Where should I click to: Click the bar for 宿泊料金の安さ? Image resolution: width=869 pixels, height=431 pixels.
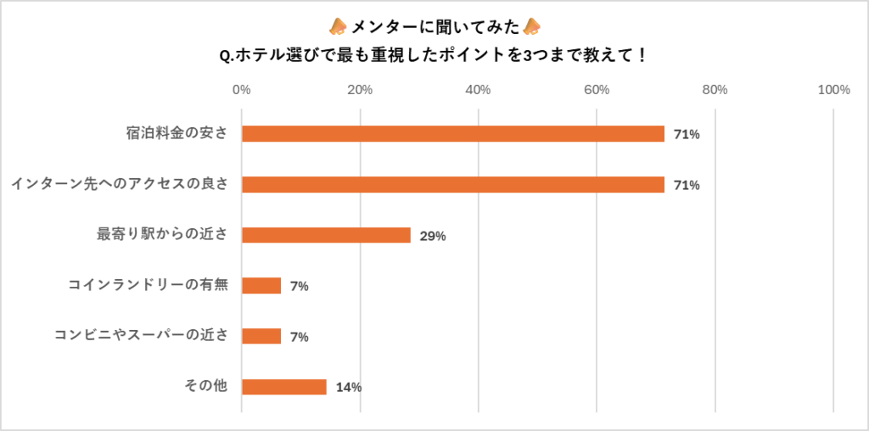(452, 134)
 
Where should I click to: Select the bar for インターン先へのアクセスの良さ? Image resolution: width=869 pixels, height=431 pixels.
(452, 184)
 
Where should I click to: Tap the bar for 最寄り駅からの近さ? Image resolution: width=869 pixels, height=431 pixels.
(326, 235)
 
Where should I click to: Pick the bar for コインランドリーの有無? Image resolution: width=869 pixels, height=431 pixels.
(261, 286)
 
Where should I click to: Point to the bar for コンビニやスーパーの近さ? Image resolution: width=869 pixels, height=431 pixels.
(261, 336)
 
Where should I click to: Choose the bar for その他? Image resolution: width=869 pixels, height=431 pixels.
(283, 387)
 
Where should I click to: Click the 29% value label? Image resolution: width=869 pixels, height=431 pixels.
(433, 236)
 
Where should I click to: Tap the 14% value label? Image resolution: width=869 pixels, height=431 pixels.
(349, 388)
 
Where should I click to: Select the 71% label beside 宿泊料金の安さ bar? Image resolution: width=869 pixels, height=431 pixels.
(687, 135)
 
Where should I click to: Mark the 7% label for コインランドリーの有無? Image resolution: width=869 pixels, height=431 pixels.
(299, 287)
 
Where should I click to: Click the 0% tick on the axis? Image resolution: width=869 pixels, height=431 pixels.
(241, 90)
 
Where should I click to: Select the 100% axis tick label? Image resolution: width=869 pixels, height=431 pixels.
(833, 90)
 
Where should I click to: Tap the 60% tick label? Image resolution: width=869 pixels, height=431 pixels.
(597, 90)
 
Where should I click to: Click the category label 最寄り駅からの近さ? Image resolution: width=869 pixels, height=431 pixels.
(163, 235)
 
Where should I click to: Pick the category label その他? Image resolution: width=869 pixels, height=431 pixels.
(206, 387)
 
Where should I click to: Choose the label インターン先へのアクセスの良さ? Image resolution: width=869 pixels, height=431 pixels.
(120, 184)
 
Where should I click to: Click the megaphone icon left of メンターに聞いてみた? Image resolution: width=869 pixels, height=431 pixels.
(337, 25)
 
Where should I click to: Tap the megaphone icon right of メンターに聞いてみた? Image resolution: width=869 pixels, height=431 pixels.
(532, 25)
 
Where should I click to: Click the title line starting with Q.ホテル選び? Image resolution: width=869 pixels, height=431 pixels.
(434, 56)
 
